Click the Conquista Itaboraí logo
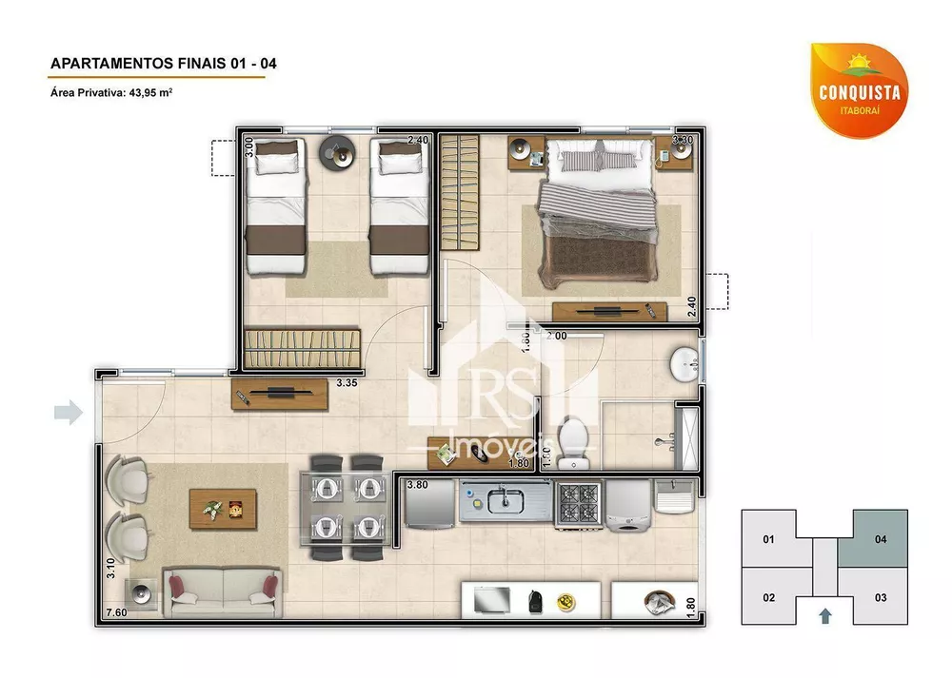(858, 88)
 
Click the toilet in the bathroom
(573, 445)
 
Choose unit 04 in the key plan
(880, 539)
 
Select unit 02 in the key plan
(769, 597)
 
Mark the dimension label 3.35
(347, 384)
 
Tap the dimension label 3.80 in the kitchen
(417, 485)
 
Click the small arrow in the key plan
(824, 615)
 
